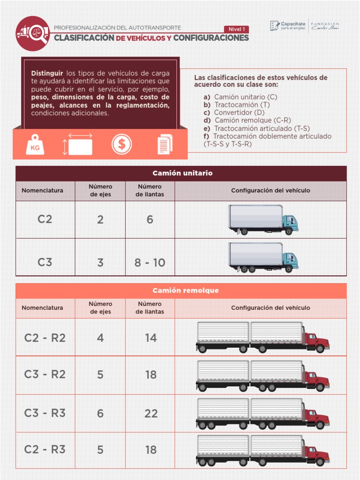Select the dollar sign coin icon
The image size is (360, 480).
pyautogui.click(x=122, y=144)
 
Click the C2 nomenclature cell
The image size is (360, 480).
pyautogui.click(x=45, y=219)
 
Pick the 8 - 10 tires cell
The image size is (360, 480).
pyautogui.click(x=150, y=262)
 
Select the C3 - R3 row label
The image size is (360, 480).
pyautogui.click(x=45, y=413)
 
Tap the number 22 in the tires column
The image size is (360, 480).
pyautogui.click(x=151, y=413)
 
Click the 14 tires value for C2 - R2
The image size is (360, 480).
pyautogui.click(x=151, y=337)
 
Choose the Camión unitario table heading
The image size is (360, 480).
pyautogui.click(x=181, y=173)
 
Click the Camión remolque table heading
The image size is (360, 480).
pyautogui.click(x=181, y=291)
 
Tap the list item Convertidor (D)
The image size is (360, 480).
pyautogui.click(x=239, y=112)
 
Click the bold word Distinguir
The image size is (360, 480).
pyautogui.click(x=47, y=73)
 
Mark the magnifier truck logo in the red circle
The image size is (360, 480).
pyautogui.click(x=32, y=33)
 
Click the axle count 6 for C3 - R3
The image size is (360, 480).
pyautogui.click(x=100, y=413)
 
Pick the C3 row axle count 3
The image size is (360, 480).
pyautogui.click(x=100, y=262)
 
